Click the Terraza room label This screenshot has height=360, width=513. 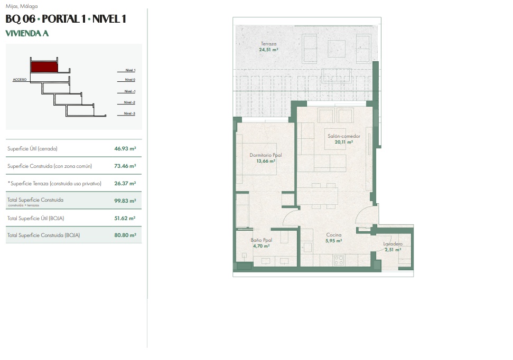[x=268, y=44]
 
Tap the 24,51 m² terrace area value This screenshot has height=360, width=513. [x=268, y=50]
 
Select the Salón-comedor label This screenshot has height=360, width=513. [x=344, y=136]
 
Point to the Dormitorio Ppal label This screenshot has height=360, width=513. [x=266, y=155]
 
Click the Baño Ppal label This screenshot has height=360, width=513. [x=262, y=240]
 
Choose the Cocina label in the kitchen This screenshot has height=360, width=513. [x=334, y=235]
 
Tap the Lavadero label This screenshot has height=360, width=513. [x=393, y=244]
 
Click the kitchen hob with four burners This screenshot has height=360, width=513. [x=339, y=260]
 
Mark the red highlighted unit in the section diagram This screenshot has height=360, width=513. [x=44, y=67]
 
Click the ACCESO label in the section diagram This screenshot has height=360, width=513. [x=20, y=80]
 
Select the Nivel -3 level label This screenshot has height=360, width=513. [x=129, y=113]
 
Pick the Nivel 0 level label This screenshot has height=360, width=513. [x=130, y=80]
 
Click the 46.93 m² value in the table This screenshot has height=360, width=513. [x=125, y=148]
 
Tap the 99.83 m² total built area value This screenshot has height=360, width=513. [x=125, y=201]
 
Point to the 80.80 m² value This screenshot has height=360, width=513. [x=125, y=235]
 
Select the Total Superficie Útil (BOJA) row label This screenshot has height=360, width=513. [x=35, y=218]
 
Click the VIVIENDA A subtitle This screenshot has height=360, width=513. [x=27, y=33]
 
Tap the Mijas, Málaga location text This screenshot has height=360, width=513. [x=22, y=6]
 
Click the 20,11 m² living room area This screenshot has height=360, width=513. [x=344, y=142]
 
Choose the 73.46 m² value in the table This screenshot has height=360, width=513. [x=125, y=166]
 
